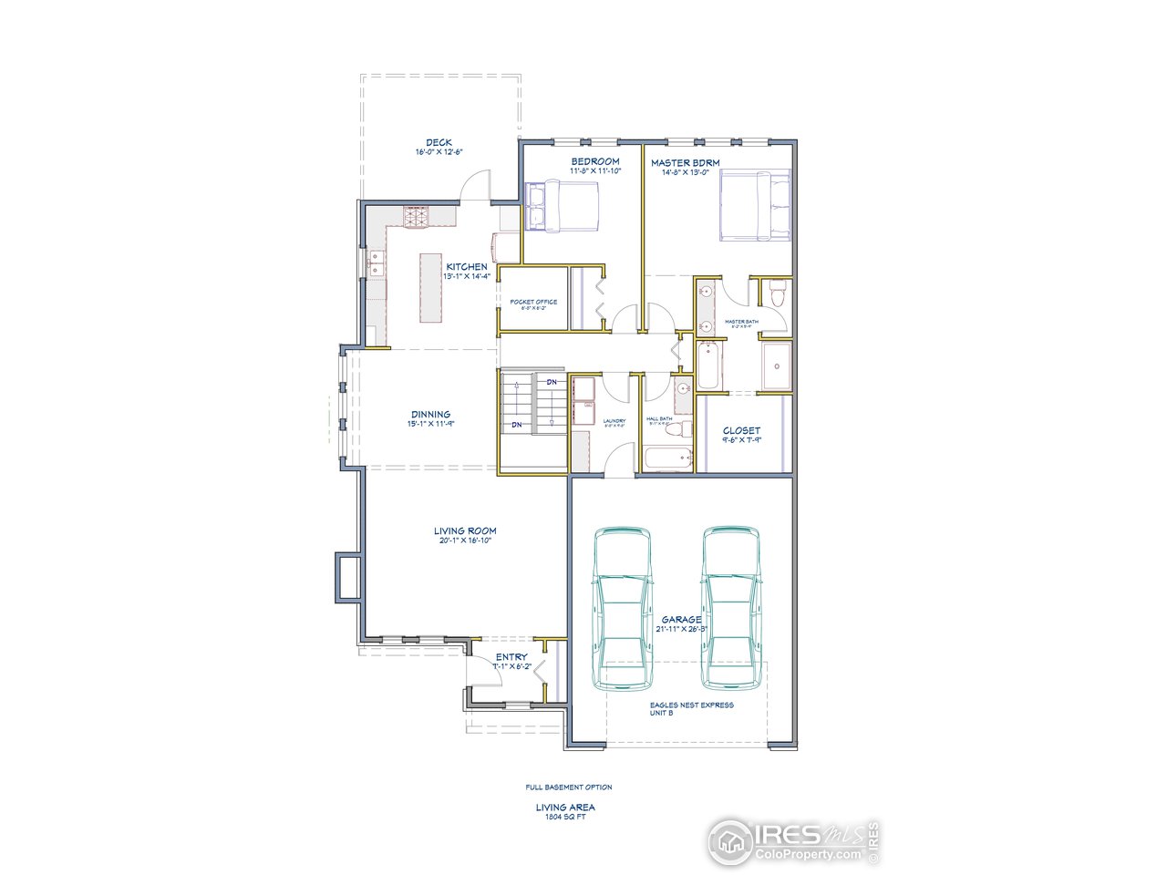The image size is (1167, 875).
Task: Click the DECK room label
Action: click(x=439, y=143)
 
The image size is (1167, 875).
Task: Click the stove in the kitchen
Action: click(x=416, y=216)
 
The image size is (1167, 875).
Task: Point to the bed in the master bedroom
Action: click(x=755, y=206)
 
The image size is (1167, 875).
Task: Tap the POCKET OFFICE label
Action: click(x=533, y=302)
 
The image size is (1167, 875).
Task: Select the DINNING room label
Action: click(x=429, y=415)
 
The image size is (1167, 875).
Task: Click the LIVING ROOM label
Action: click(x=465, y=530)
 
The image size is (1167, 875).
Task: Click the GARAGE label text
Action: click(x=681, y=620)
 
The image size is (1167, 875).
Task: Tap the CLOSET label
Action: click(x=741, y=431)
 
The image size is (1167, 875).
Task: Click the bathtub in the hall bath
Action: click(x=668, y=458)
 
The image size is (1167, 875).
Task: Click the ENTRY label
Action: click(x=511, y=657)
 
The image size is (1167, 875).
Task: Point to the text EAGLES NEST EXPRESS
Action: click(x=691, y=705)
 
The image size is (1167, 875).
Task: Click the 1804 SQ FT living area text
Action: click(x=565, y=816)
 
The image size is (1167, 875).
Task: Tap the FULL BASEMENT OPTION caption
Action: click(x=568, y=787)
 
